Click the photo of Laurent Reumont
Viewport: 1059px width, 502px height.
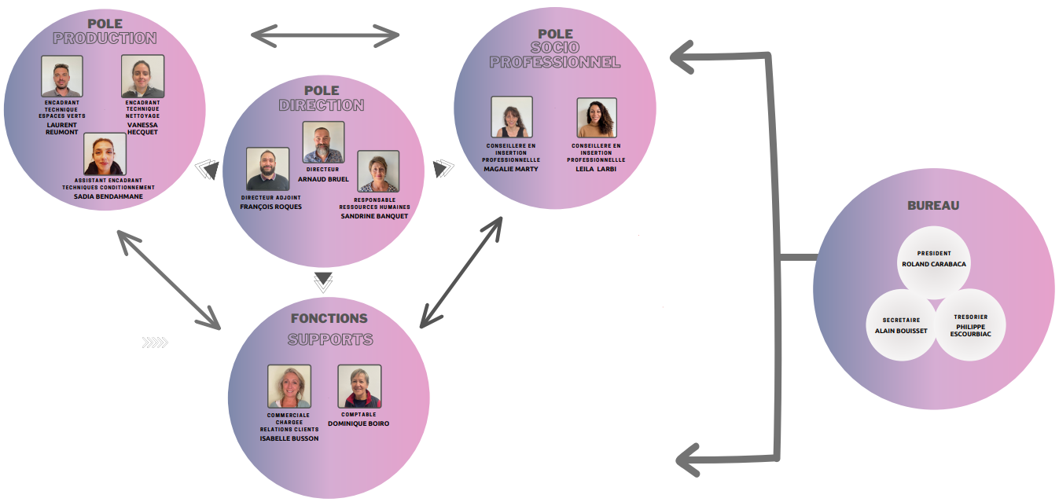[62, 76]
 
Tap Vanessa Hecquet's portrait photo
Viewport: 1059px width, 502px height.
[143, 76]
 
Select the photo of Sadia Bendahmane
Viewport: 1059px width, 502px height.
[105, 154]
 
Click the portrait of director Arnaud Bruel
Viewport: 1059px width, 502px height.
[323, 142]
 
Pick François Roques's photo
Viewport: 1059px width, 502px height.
[267, 169]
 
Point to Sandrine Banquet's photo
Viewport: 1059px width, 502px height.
[378, 172]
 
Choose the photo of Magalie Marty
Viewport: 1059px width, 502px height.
[512, 118]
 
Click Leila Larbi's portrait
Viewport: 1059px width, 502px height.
[597, 118]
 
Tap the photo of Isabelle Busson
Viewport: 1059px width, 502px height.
[289, 386]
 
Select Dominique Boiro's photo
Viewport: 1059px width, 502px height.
[359, 386]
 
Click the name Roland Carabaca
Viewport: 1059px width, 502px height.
[934, 264]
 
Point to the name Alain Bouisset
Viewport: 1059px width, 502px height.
[901, 331]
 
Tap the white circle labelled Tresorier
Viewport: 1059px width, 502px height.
[970, 325]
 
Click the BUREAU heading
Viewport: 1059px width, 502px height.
[933, 206]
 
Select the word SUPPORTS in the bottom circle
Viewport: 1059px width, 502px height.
[329, 340]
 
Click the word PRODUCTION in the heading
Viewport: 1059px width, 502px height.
[105, 38]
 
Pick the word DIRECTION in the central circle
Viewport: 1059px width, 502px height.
[322, 105]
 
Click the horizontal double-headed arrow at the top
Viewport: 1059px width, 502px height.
[325, 35]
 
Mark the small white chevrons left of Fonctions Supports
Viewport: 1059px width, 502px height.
[156, 342]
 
